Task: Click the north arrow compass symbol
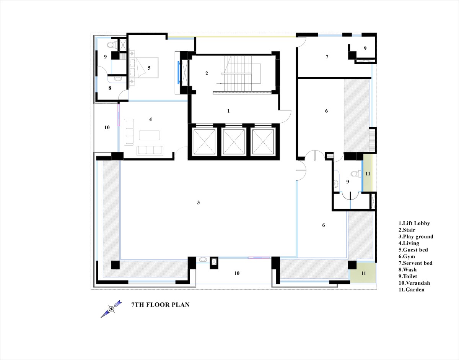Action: (111, 309)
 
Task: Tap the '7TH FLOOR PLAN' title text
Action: (160, 305)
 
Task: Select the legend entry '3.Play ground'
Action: (416, 237)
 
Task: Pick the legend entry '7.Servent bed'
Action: (415, 263)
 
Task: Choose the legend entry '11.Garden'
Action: (411, 290)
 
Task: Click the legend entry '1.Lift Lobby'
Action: (414, 223)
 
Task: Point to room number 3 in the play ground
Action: (199, 203)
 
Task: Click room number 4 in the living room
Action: (150, 119)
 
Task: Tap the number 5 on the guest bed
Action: (149, 68)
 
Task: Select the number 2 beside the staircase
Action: (207, 73)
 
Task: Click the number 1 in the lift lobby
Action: (228, 111)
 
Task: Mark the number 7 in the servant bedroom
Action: (327, 57)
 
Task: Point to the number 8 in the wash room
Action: (110, 88)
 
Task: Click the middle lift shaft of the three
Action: (234, 142)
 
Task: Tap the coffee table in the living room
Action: (149, 135)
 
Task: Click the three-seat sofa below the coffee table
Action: (150, 151)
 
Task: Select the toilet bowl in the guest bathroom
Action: (112, 45)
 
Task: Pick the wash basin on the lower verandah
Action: (203, 259)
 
